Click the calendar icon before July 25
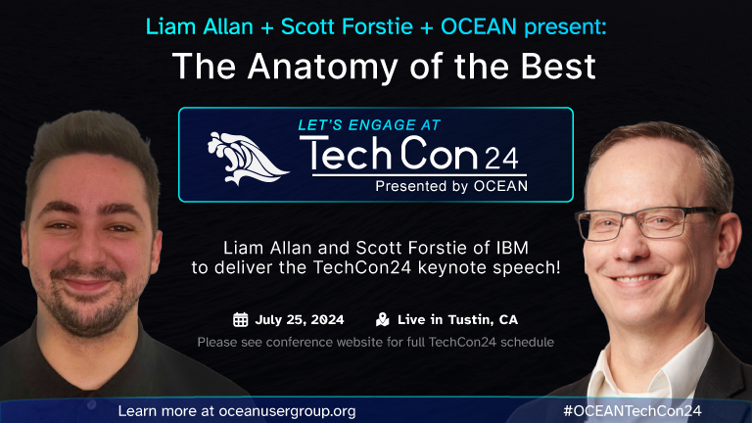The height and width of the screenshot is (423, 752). click(x=240, y=319)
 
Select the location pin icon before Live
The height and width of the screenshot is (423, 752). click(x=382, y=319)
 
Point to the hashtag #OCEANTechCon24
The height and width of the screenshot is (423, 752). click(x=633, y=410)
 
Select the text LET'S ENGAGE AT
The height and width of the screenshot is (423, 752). click(x=368, y=124)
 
